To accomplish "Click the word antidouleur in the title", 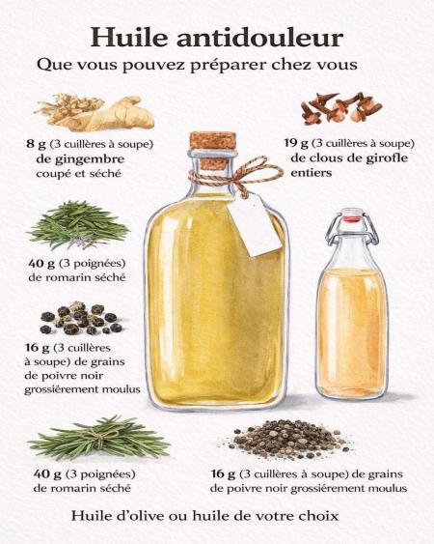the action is click(x=260, y=37).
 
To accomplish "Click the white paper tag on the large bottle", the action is click(x=255, y=225).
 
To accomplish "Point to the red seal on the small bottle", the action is click(x=352, y=217).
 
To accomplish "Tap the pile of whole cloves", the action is click(x=341, y=108).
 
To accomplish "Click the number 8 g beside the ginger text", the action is click(x=36, y=144).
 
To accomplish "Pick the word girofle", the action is click(x=387, y=158).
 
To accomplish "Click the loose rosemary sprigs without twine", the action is click(x=79, y=225).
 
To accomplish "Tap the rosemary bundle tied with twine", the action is click(x=98, y=437).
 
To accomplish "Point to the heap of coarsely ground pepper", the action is click(x=287, y=439).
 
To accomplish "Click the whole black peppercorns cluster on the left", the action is click(x=81, y=319).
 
